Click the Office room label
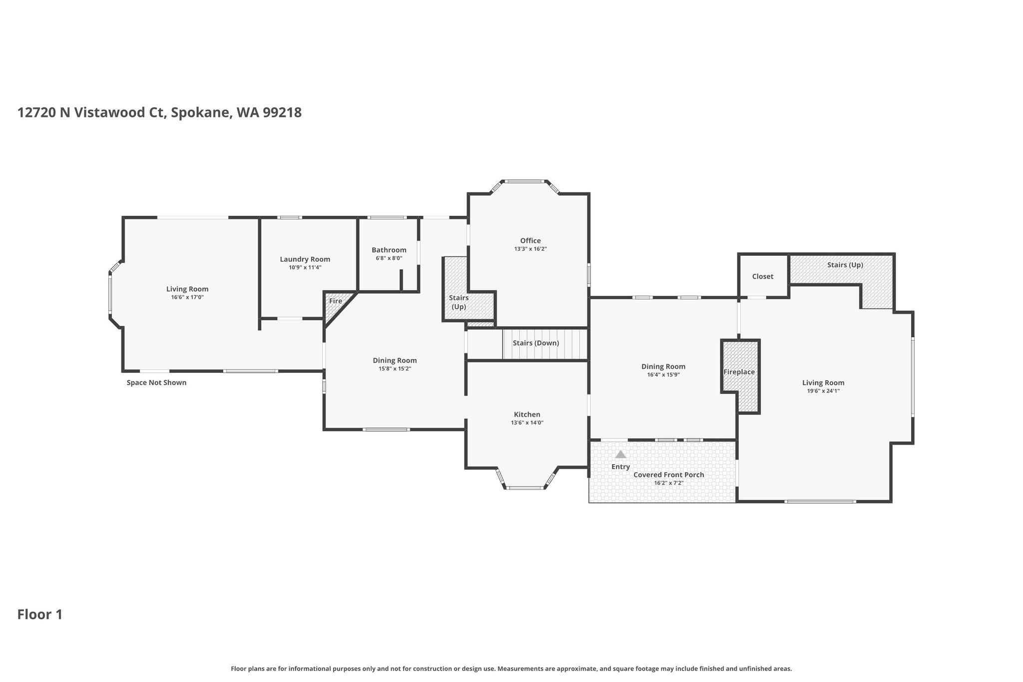(530, 241)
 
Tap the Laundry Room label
(305, 259)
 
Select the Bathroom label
(389, 250)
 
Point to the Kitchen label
(527, 415)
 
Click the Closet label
(763, 276)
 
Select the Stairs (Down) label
(535, 343)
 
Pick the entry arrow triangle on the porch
(620, 455)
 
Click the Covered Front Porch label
(668, 475)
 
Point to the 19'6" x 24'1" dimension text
(823, 391)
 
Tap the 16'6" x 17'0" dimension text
(187, 297)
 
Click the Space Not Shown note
(156, 383)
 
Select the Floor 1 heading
(40, 615)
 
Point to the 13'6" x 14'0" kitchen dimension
(527, 423)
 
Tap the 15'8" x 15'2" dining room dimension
(395, 369)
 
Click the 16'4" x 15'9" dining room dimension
(663, 375)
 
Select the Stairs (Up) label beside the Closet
(845, 265)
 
